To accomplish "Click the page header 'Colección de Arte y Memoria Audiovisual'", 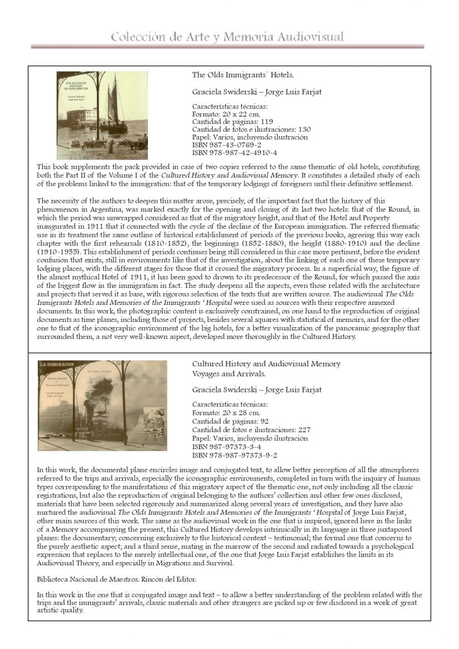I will pyautogui.click(x=227, y=37).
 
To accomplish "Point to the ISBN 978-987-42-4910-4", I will pyautogui.click(x=235, y=152).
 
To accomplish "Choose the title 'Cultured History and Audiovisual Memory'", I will pyautogui.click(x=266, y=364).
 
